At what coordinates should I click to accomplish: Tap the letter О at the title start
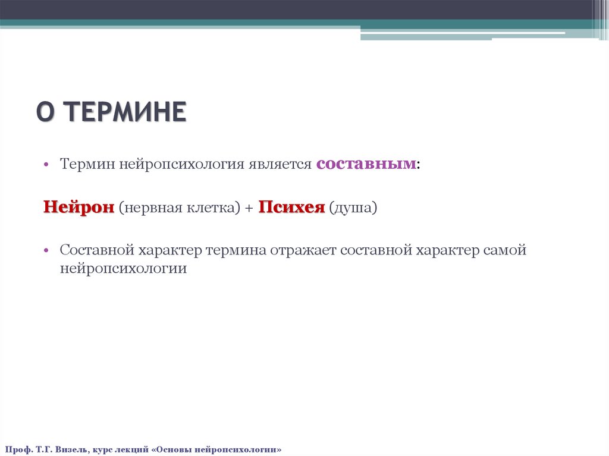45,112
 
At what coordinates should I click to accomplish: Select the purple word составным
366,164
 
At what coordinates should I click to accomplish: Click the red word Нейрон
79,207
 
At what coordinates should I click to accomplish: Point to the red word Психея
291,207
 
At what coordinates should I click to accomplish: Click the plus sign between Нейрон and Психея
249,208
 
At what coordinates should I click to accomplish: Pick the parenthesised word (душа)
353,208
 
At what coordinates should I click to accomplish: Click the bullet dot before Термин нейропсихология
45,165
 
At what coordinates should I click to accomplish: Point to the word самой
505,250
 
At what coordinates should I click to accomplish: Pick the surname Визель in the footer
72,449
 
